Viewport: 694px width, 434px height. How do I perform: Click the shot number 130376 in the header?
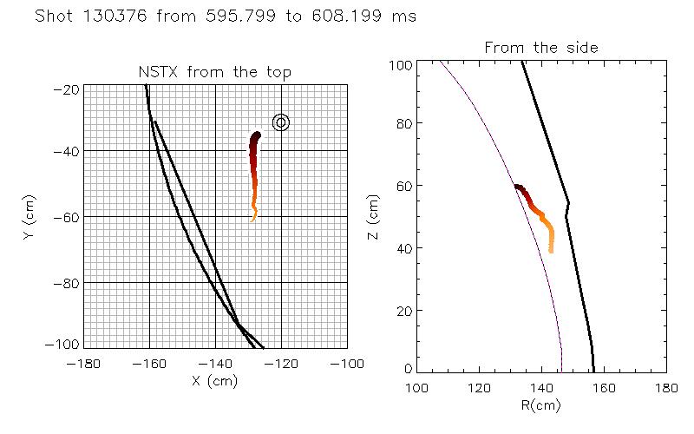[x=114, y=16]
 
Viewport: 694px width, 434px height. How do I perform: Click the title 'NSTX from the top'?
[x=215, y=73]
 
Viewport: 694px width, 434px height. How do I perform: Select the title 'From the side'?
[x=540, y=47]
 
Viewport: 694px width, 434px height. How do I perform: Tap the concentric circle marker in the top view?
[x=280, y=122]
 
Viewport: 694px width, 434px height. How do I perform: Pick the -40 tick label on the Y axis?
[x=68, y=151]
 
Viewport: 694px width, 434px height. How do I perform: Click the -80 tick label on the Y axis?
[x=68, y=283]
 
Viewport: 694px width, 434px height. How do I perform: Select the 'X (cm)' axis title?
[x=215, y=378]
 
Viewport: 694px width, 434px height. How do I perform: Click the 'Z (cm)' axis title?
[x=374, y=217]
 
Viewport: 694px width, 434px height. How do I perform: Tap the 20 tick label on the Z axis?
[x=403, y=311]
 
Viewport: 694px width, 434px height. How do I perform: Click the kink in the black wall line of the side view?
[x=568, y=204]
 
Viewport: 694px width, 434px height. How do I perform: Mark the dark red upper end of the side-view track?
[x=516, y=187]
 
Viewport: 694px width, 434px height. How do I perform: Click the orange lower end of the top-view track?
[x=253, y=219]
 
